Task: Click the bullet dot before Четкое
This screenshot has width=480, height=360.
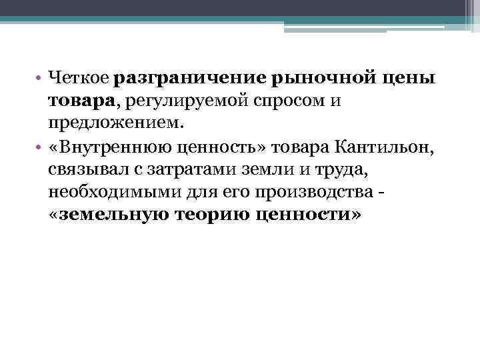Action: (41, 80)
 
